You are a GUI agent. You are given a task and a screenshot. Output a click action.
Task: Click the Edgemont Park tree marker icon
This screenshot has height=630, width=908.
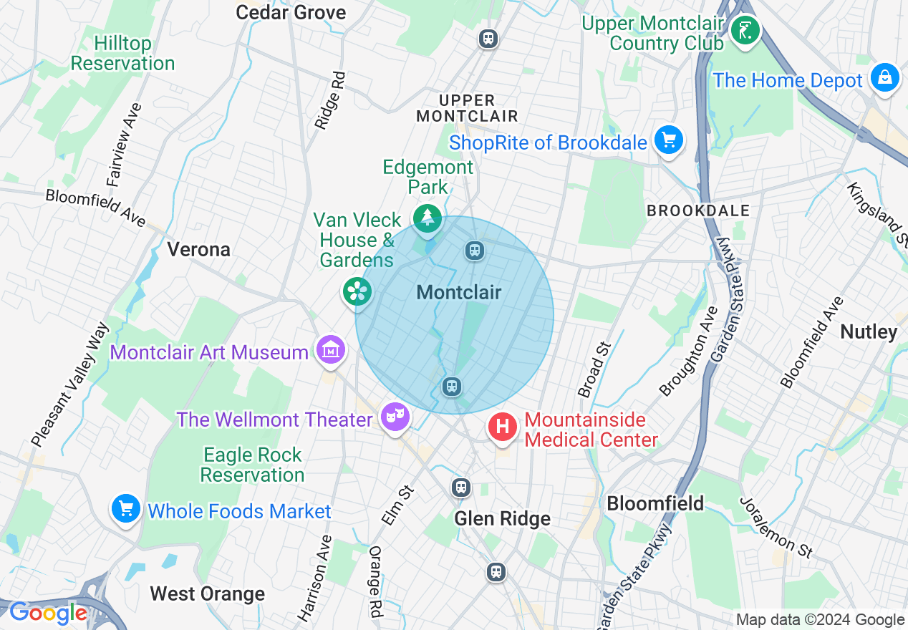[428, 216]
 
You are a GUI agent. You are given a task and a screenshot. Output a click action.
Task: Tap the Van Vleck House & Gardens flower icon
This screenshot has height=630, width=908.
[357, 291]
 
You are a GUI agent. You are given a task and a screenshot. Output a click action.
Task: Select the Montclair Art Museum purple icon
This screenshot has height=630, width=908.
[331, 350]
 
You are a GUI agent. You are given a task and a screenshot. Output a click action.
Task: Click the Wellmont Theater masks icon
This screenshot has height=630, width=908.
[395, 415]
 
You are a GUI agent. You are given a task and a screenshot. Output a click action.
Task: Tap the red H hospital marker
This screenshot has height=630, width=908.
[503, 427]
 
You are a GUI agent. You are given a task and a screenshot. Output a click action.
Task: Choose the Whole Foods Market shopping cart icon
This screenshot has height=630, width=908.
[126, 509]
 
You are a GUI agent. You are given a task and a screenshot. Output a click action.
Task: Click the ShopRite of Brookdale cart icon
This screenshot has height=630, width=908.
[669, 140]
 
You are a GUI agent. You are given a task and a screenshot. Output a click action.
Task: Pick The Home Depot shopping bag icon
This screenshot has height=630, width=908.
[885, 77]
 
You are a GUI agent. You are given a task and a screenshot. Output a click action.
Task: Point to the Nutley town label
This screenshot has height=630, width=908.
[869, 331]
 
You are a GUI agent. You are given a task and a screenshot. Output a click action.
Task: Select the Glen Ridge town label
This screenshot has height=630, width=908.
[503, 519]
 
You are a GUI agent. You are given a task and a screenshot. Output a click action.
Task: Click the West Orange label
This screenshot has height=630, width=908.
[207, 594]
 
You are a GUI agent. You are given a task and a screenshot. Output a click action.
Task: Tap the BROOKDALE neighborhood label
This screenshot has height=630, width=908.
[698, 210]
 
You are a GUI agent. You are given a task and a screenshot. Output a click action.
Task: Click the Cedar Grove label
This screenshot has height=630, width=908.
[291, 12]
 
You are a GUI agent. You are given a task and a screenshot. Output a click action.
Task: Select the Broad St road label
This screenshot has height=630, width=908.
[594, 369]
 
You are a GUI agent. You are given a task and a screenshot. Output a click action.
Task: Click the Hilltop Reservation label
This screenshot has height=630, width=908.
[122, 54]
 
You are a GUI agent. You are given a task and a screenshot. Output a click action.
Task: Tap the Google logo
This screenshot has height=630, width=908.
[48, 613]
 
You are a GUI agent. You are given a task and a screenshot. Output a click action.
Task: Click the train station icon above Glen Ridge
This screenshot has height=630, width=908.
[461, 488]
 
